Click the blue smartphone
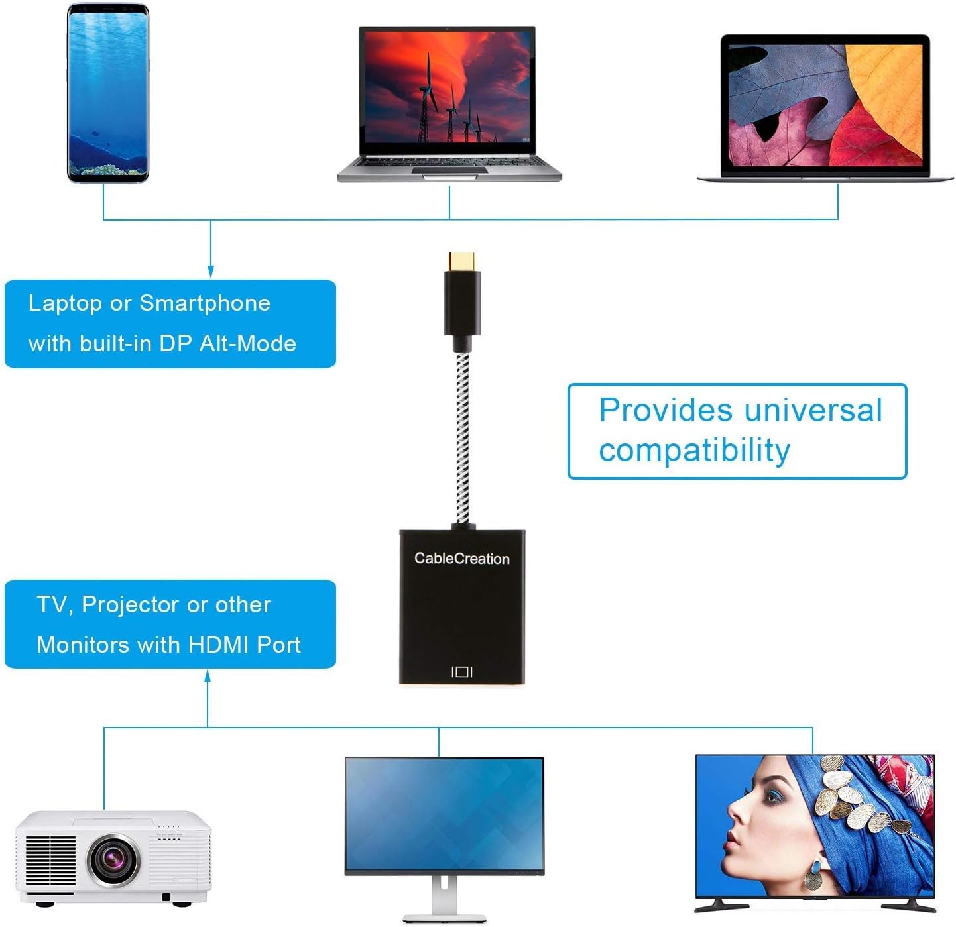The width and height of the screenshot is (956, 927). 107,93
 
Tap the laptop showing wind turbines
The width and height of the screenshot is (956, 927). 448,99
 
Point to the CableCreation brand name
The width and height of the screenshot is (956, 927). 461,559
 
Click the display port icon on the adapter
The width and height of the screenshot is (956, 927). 461,672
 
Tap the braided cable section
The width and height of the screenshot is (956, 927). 462,437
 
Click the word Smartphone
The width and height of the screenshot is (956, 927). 204,303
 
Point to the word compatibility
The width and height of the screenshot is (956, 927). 694,451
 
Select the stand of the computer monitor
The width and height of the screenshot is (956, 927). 444,898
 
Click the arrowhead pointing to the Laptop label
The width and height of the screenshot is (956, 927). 211,272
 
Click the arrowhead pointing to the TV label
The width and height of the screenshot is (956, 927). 208,676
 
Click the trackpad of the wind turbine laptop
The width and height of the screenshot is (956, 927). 449,170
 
